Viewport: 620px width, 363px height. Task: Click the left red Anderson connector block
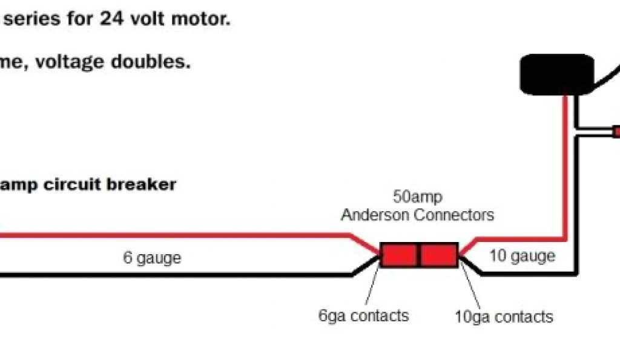(399, 255)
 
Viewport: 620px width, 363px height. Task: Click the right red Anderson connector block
(439, 255)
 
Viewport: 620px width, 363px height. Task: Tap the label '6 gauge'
(152, 258)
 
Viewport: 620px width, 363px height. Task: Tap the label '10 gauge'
(522, 256)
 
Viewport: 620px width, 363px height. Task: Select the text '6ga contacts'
(363, 315)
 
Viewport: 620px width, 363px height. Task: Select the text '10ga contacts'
(504, 316)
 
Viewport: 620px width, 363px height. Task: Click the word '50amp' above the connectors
(417, 197)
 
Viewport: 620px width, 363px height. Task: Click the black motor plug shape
(556, 74)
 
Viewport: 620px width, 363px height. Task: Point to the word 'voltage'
(72, 62)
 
